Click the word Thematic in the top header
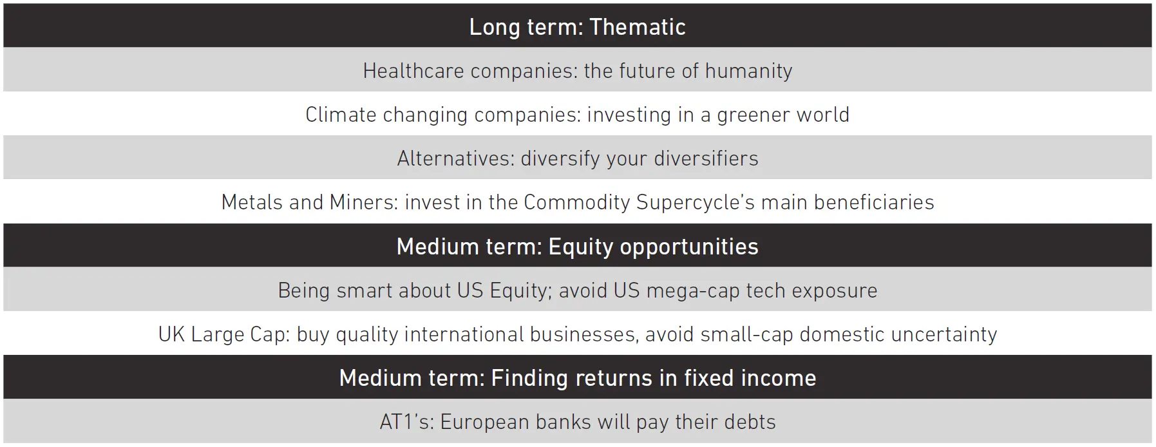point(638,27)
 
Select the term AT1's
point(407,422)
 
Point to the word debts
point(750,422)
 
